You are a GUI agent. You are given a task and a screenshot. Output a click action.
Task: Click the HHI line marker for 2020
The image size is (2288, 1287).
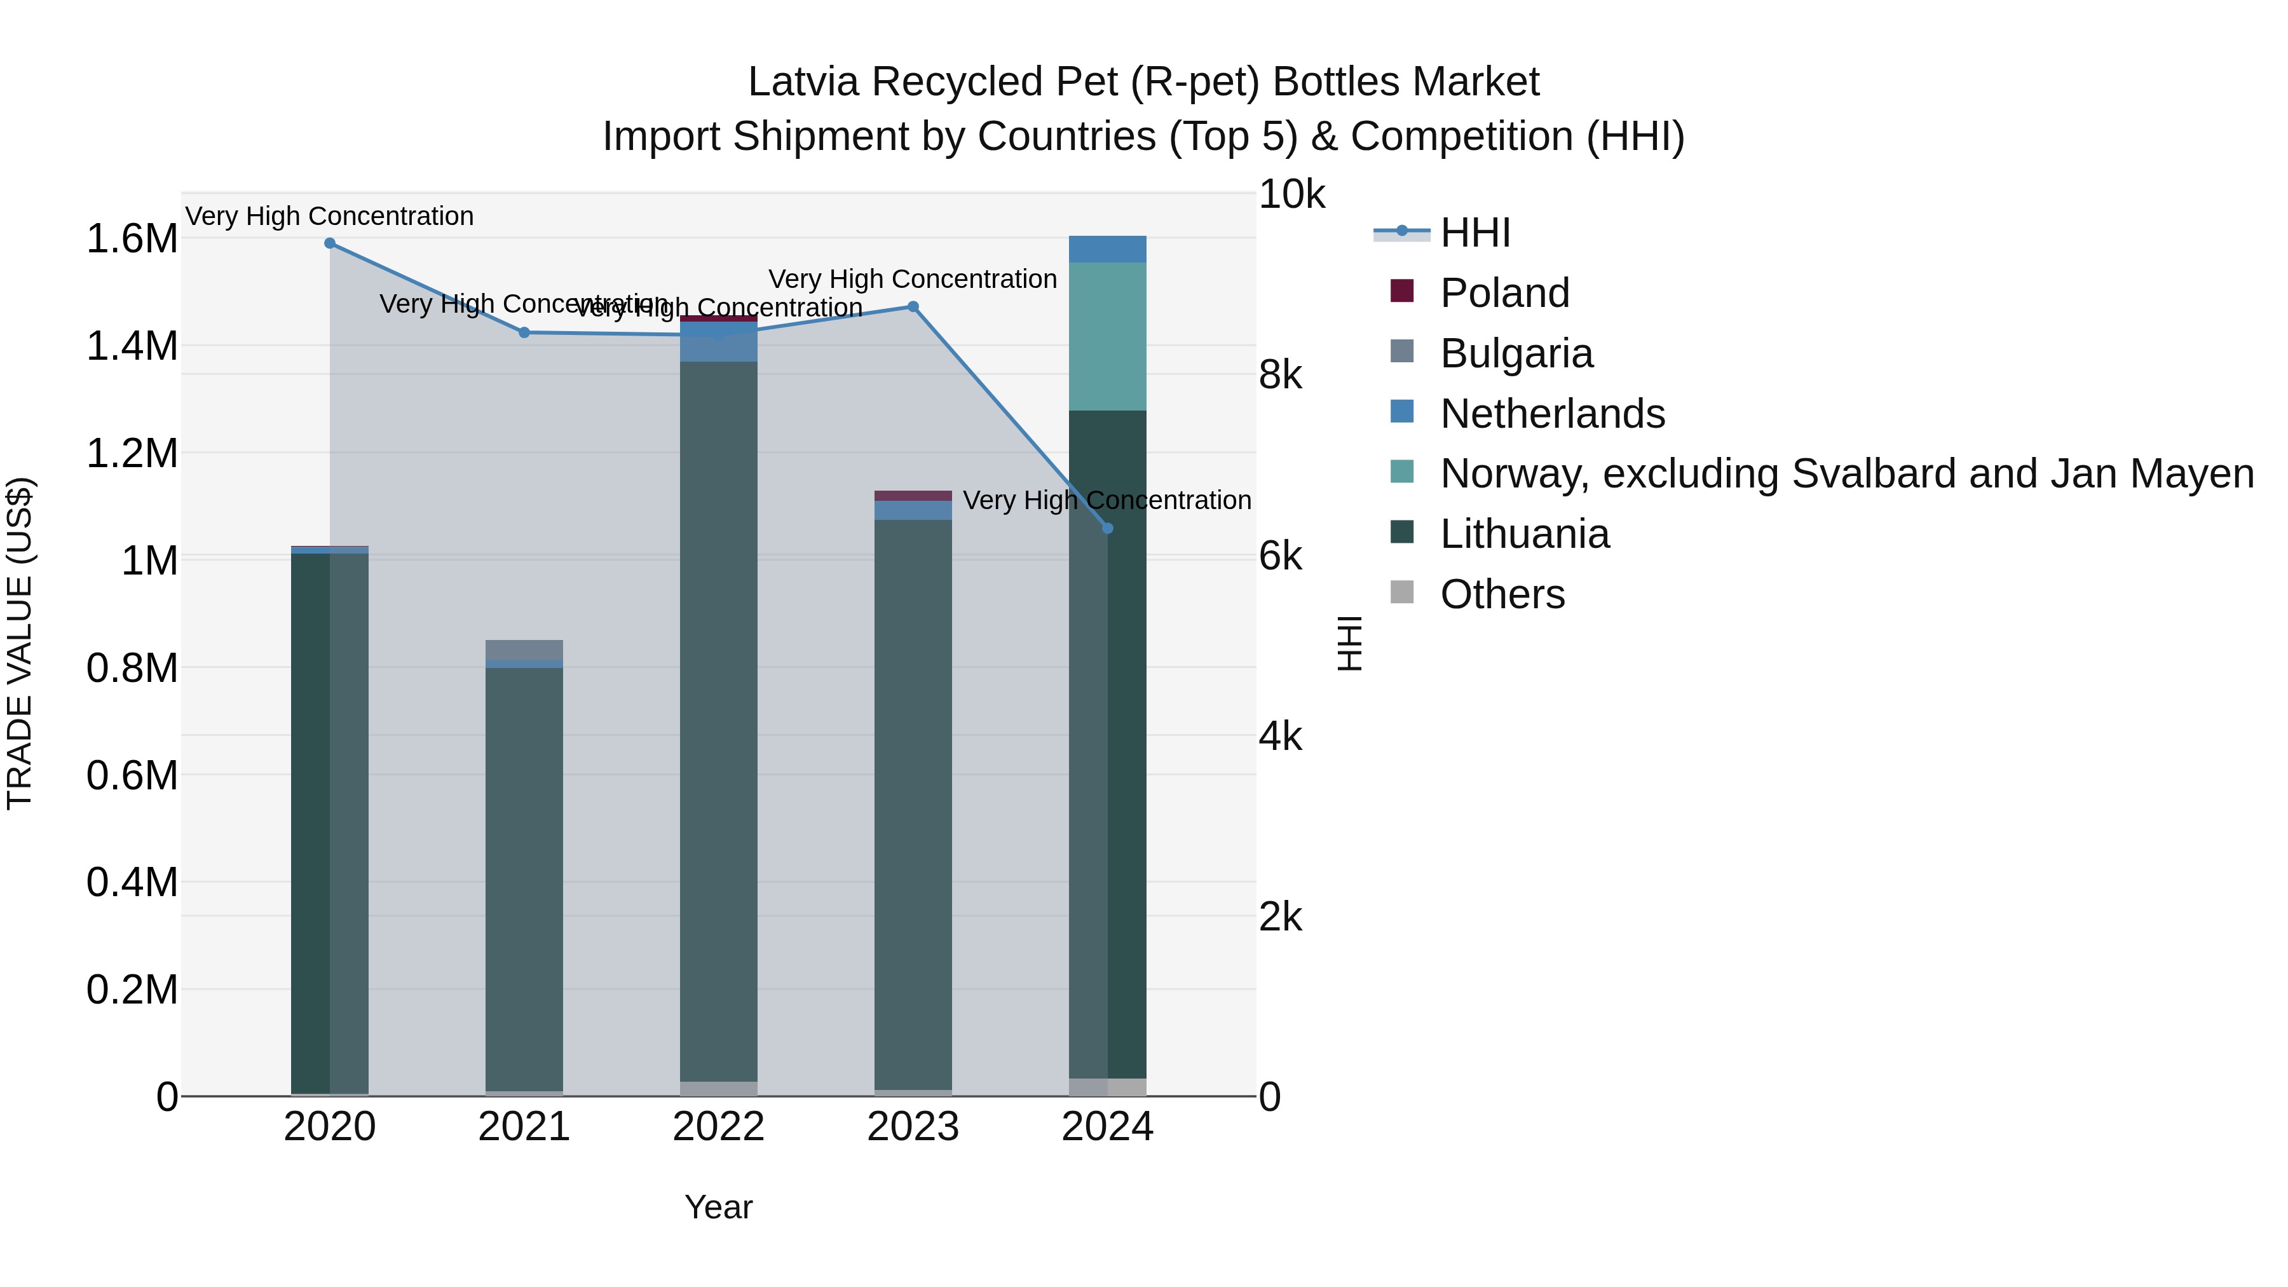coord(329,243)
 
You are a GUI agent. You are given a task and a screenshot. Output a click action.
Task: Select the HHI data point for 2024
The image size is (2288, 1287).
coord(1108,529)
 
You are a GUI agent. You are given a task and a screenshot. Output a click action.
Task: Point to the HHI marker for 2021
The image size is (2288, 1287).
coord(524,333)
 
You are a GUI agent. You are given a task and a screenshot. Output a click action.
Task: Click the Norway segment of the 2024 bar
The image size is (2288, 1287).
coord(1108,337)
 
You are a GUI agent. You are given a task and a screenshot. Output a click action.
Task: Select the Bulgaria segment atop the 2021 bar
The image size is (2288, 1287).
coord(524,650)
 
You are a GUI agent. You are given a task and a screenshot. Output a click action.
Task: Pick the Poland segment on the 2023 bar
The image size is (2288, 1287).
coord(913,496)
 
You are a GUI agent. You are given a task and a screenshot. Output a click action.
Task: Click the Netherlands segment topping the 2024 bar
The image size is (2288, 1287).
coord(1108,250)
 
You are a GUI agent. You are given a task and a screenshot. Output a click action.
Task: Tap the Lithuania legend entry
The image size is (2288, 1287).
coord(1524,535)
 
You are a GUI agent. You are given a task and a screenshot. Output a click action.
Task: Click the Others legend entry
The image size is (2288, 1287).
coord(1502,595)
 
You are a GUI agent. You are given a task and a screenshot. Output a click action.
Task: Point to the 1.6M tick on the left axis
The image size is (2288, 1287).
coord(132,240)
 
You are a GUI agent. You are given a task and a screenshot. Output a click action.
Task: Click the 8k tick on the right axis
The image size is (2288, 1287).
coord(1280,376)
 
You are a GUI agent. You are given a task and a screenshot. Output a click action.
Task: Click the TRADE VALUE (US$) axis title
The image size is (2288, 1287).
coord(20,643)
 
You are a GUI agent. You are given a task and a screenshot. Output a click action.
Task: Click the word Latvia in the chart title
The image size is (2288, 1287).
coord(803,83)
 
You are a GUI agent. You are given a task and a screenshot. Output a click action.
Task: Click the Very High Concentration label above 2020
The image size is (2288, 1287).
coord(329,217)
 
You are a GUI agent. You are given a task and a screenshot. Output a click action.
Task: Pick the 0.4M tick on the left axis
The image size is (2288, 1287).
coord(132,883)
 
